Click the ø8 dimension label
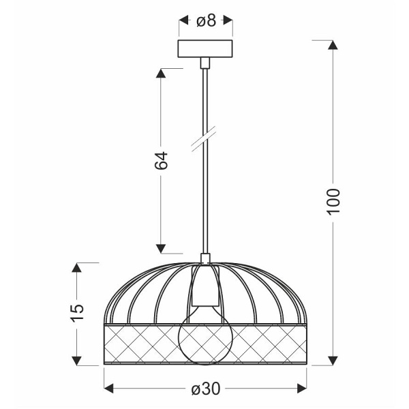pos(205,21)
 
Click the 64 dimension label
pos(160,160)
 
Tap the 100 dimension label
pos(333,201)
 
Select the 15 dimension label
pos(78,311)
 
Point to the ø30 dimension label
pos(205,389)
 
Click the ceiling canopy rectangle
pos(205,49)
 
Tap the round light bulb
pos(205,337)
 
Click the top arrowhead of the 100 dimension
pos(333,45)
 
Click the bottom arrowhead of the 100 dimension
pos(333,359)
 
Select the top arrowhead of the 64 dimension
pos(161,72)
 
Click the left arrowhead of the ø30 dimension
pos(108,389)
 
